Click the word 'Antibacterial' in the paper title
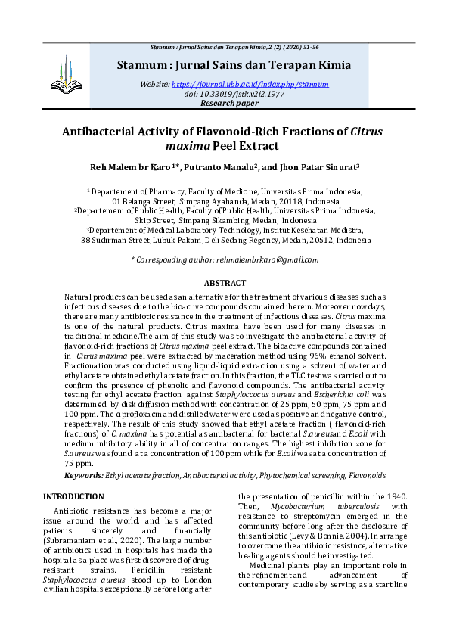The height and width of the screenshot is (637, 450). (x=106, y=131)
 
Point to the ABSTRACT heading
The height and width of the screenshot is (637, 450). (x=225, y=282)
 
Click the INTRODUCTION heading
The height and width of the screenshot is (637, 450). (x=73, y=496)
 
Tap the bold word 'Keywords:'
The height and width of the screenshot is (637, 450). (x=83, y=475)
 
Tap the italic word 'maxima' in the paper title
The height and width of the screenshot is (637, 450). (x=187, y=146)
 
